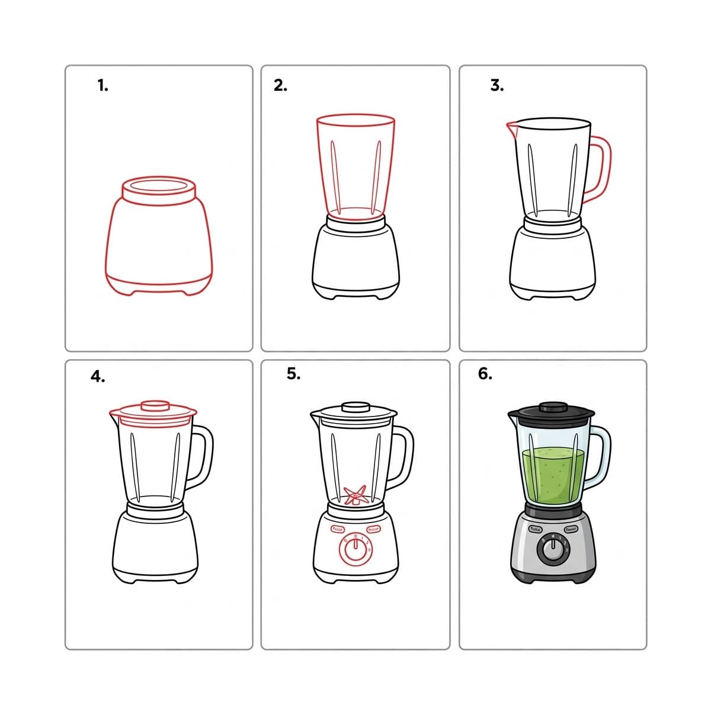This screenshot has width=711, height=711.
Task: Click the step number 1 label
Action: pyautogui.click(x=103, y=86)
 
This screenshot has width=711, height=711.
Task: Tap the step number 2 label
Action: pyautogui.click(x=280, y=86)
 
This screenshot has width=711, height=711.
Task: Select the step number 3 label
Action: pyautogui.click(x=497, y=86)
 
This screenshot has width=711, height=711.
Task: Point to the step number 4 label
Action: pyautogui.click(x=98, y=377)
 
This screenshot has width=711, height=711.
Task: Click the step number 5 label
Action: pyautogui.click(x=293, y=374)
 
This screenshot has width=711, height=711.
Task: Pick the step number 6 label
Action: pyautogui.click(x=485, y=374)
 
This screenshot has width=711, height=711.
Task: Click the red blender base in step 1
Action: pyautogui.click(x=159, y=243)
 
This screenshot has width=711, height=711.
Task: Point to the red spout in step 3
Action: pyautogui.click(x=511, y=126)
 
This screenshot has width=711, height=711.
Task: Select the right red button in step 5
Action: pyautogui.click(x=374, y=529)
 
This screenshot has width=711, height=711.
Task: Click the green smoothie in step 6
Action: pyautogui.click(x=553, y=474)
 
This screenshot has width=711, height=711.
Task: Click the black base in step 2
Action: pyautogui.click(x=355, y=261)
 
